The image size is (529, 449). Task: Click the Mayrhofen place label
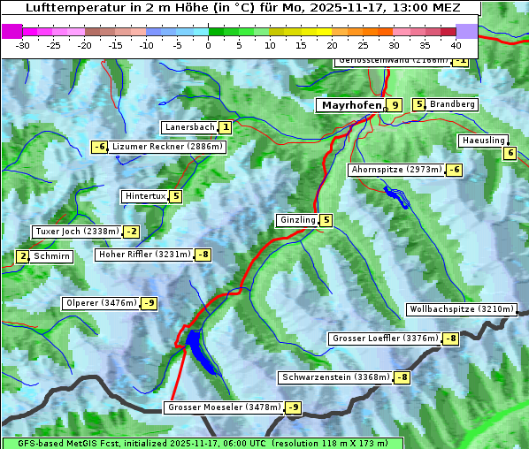351,105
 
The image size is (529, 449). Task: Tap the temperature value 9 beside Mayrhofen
395,105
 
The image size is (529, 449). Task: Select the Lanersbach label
189,127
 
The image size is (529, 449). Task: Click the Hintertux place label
144,196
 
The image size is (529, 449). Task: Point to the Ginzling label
297,220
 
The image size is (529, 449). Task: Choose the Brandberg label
452,104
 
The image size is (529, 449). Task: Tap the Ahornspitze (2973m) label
396,169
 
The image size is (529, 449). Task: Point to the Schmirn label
52,256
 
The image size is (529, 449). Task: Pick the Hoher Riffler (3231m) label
143,255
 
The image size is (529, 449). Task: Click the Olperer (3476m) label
101,303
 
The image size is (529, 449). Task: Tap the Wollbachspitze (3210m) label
460,309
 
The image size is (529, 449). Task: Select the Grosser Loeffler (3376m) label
384,339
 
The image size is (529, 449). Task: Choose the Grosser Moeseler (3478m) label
224,407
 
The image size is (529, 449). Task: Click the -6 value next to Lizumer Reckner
100,147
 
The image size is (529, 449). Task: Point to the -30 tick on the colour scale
23,45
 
